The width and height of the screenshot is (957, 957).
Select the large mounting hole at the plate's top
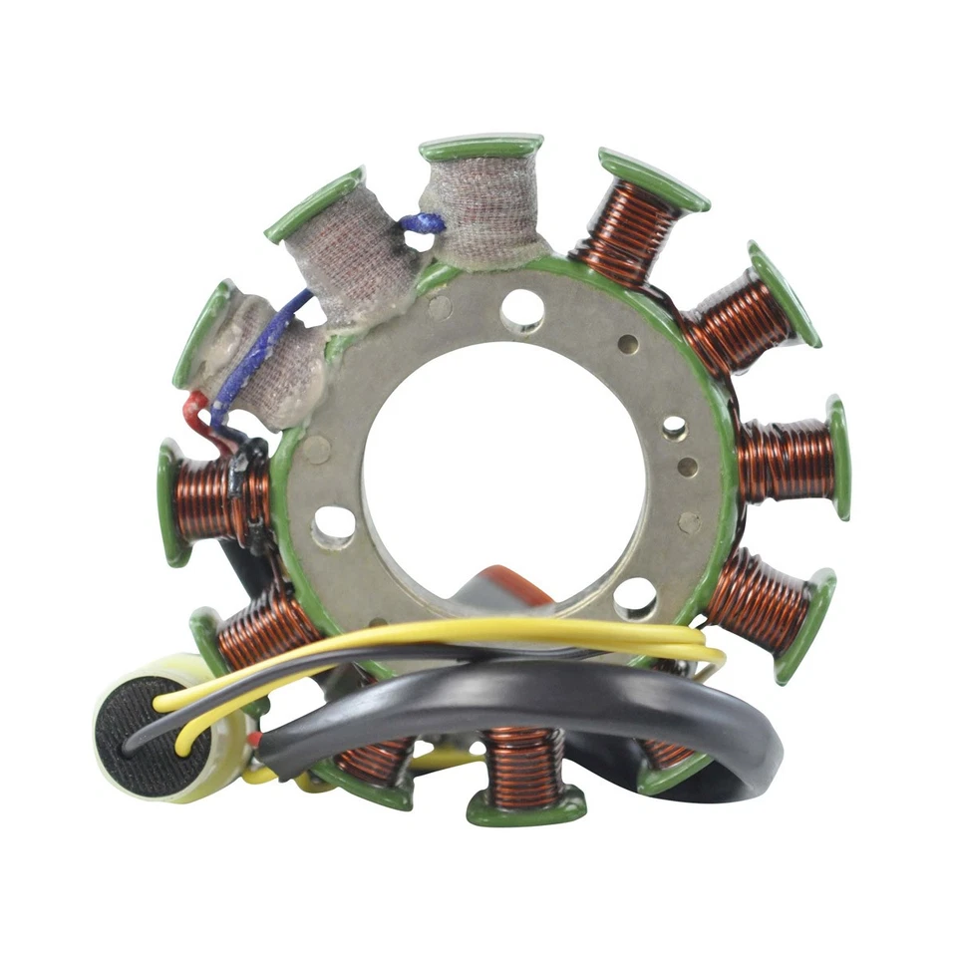(x=522, y=310)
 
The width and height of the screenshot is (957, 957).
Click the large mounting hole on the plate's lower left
(x=334, y=525)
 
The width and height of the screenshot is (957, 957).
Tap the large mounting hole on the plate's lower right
(x=635, y=597)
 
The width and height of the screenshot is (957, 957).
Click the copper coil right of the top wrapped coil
(x=628, y=231)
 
